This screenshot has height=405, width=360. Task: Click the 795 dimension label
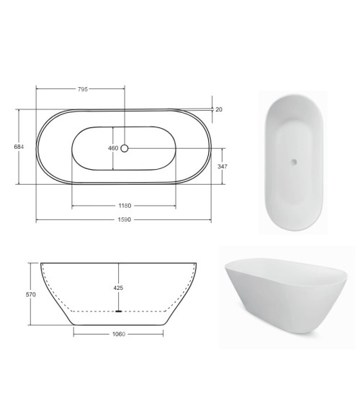click(x=83, y=89)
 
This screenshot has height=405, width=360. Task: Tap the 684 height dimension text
click(x=19, y=147)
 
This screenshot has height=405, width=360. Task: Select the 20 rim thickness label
click(x=219, y=109)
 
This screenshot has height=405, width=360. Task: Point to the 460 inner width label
click(x=113, y=148)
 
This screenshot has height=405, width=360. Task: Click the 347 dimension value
click(x=222, y=167)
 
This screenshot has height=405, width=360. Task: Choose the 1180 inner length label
click(x=125, y=206)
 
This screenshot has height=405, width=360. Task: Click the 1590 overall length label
click(x=125, y=220)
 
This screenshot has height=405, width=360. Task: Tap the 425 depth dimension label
click(x=118, y=288)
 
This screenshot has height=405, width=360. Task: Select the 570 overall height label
click(x=31, y=294)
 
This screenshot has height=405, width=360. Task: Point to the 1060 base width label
click(x=119, y=335)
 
